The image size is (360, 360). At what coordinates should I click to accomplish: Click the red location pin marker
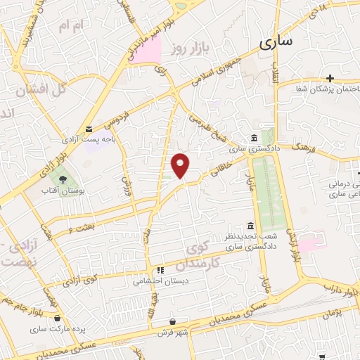click(181, 165)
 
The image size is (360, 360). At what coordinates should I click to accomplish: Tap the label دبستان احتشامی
click(155, 280)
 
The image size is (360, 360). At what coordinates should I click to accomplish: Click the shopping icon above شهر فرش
click(172, 321)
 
